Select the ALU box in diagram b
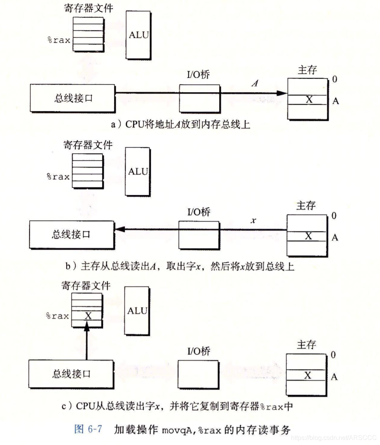pyautogui.click(x=137, y=172)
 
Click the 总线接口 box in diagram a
pyautogui.click(x=72, y=98)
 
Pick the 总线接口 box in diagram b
pyautogui.click(x=71, y=234)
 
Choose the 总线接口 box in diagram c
pyautogui.click(x=71, y=373)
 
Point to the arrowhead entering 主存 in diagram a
pyautogui.click(x=283, y=93)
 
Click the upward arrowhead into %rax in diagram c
pyautogui.click(x=86, y=327)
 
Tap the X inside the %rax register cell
pyautogui.click(x=89, y=316)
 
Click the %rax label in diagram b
pyautogui.click(x=58, y=177)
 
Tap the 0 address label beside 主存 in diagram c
pyautogui.click(x=334, y=355)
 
